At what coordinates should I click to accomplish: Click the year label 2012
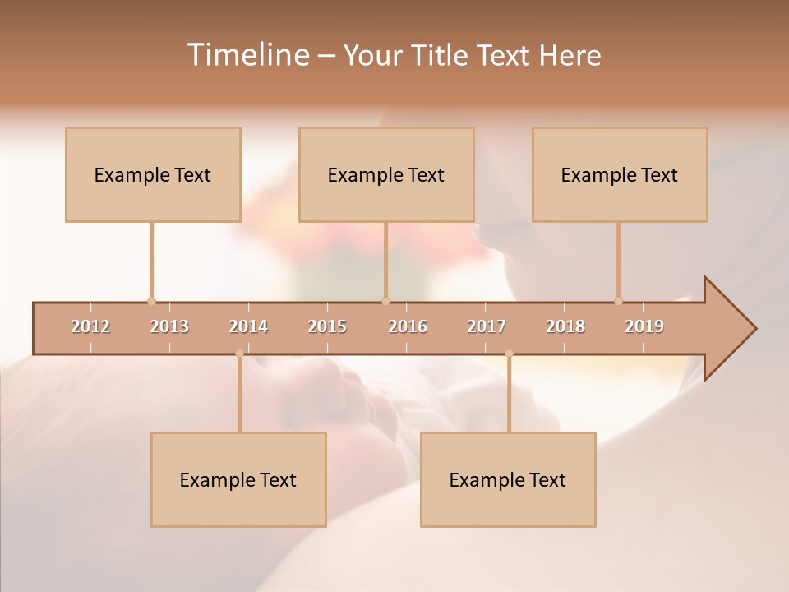90,326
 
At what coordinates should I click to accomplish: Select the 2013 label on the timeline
169,326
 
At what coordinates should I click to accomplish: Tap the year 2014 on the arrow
248,326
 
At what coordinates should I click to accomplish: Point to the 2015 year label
327,326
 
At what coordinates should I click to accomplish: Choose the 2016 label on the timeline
408,326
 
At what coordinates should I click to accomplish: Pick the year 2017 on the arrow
487,326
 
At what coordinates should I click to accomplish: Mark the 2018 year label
565,326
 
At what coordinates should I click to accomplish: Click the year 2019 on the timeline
644,326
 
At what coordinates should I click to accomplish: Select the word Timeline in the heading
247,55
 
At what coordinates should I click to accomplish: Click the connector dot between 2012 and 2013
151,301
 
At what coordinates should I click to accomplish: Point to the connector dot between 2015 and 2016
385,301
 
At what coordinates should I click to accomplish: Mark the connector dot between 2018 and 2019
618,301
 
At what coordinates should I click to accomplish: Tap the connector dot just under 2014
239,354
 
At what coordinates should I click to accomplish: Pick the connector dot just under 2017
509,354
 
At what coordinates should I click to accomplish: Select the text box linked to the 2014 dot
238,479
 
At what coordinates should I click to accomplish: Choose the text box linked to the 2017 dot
508,479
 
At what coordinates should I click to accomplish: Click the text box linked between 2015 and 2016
386,174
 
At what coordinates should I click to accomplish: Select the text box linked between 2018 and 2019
620,174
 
